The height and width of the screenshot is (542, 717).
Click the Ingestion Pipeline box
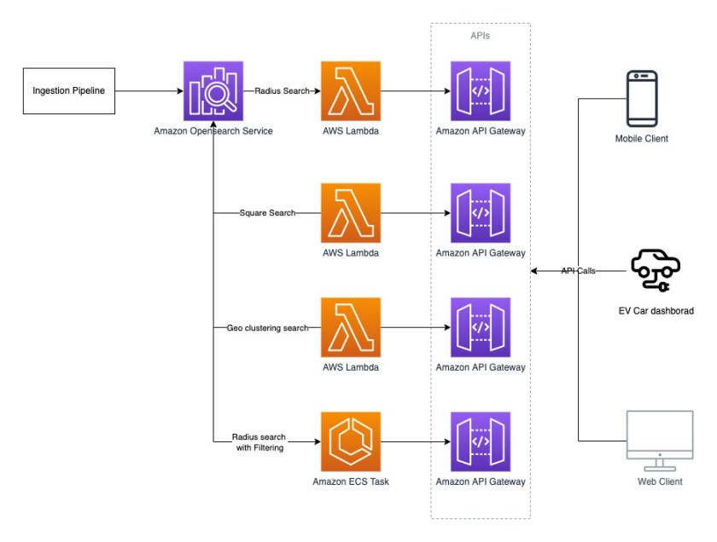(x=68, y=90)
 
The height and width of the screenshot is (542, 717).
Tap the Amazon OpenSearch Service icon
(x=213, y=90)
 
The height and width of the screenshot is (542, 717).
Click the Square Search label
(x=267, y=212)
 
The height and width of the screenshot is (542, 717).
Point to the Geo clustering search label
(x=267, y=327)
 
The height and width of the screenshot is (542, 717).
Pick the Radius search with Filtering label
(x=260, y=442)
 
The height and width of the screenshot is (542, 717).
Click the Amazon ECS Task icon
(x=351, y=441)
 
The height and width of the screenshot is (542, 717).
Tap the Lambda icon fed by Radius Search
(x=351, y=90)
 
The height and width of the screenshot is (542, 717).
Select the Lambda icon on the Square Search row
(x=351, y=212)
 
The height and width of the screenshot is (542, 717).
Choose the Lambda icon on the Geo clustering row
(x=351, y=327)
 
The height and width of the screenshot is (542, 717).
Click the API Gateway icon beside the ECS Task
(x=481, y=441)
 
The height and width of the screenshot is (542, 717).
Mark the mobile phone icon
(x=641, y=99)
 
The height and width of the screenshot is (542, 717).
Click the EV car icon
(x=655, y=270)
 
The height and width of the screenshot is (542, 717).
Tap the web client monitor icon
(x=660, y=440)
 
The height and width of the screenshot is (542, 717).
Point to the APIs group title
(x=481, y=37)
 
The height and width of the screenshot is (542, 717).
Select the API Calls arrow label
(x=578, y=271)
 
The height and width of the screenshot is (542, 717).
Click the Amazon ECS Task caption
(x=351, y=482)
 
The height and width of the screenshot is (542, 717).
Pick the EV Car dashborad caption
(x=656, y=312)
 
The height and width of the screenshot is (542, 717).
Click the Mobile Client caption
(x=641, y=138)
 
